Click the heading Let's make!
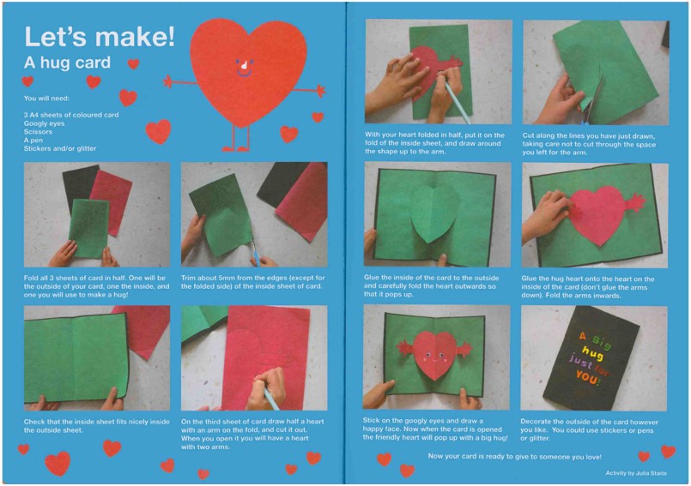(100, 36)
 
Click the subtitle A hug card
(67, 63)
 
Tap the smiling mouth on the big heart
(244, 73)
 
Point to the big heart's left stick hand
(167, 81)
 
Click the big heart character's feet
(236, 149)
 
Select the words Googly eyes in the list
(44, 123)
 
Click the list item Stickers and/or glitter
(60, 148)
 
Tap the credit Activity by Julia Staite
(636, 473)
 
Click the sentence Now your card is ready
(514, 457)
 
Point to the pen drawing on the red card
(268, 395)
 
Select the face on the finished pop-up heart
(432, 355)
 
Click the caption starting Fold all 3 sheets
(96, 286)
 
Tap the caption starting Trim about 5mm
(252, 282)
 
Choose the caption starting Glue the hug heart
(588, 287)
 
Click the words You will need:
(46, 99)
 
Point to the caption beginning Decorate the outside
(589, 429)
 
